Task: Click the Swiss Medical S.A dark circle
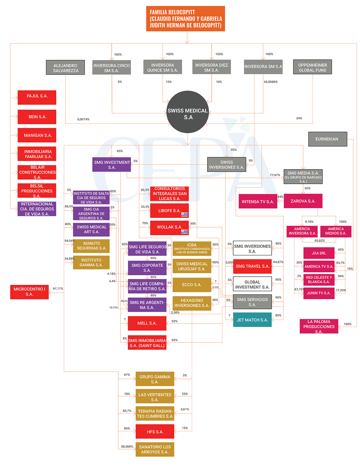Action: [x=187, y=112]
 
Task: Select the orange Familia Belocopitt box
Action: [x=185, y=19]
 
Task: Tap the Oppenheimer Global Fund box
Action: [x=312, y=67]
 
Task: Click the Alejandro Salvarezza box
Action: [x=65, y=68]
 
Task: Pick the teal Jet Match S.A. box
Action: [x=252, y=320]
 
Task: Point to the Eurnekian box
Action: [x=327, y=139]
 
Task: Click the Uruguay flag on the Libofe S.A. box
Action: [x=184, y=215]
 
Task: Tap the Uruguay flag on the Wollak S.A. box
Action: [x=184, y=232]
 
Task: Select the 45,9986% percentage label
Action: [x=271, y=82]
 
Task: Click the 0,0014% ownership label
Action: [x=83, y=119]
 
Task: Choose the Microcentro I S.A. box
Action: [x=29, y=292]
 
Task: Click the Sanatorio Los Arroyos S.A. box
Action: [x=155, y=449]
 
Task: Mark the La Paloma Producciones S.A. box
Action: [x=319, y=326]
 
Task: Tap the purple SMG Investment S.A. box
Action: [x=112, y=165]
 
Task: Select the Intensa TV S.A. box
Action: [x=258, y=201]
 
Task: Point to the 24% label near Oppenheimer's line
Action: [x=299, y=118]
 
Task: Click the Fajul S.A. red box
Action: [x=37, y=97]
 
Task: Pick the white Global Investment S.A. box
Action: [x=252, y=284]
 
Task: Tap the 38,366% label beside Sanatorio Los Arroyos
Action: [x=127, y=446]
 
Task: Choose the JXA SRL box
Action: [x=319, y=253]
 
